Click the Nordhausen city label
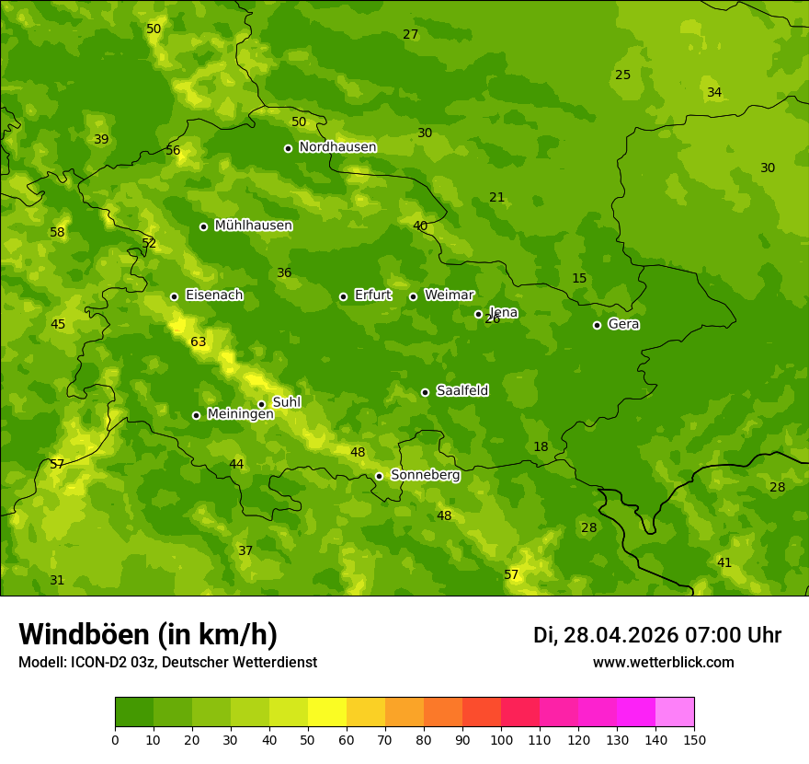337,147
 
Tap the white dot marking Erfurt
343,296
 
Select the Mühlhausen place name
253,226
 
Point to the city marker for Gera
597,325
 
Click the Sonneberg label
425,475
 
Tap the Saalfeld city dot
425,392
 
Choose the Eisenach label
214,295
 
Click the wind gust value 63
199,342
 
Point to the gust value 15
579,279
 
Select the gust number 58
57,233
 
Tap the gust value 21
497,198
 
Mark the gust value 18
541,447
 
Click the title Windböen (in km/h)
148,634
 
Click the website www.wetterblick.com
663,663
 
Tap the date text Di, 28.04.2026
605,635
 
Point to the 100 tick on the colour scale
501,739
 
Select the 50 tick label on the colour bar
308,739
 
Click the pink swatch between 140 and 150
675,712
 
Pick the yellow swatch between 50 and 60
327,712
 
